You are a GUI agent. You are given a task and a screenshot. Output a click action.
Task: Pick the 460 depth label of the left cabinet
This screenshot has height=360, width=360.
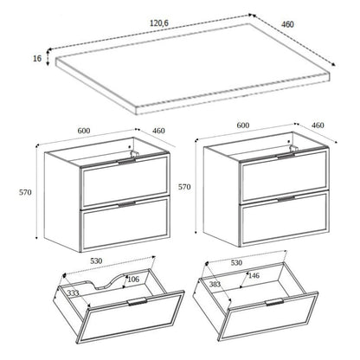[158, 132]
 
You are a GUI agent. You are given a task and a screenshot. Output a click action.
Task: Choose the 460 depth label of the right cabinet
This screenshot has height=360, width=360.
[318, 125]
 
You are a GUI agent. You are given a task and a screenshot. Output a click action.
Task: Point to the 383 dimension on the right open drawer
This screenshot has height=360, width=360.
[215, 283]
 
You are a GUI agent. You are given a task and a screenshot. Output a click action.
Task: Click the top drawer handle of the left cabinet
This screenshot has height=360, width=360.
[126, 161]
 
